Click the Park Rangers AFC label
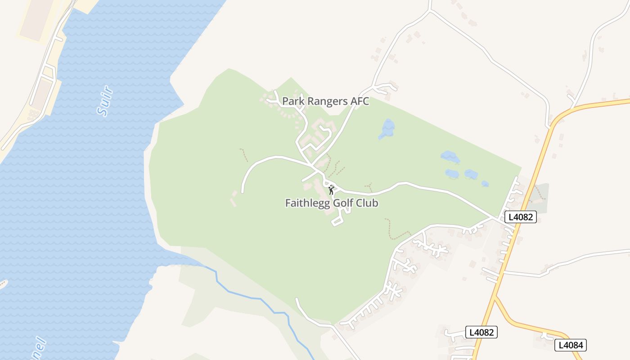click(x=325, y=101)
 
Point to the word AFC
click(x=360, y=101)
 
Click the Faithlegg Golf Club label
click(x=332, y=203)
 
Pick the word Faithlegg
click(x=308, y=203)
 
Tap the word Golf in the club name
click(x=343, y=203)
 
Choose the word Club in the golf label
click(x=367, y=203)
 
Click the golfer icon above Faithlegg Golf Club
click(x=332, y=190)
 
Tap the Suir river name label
click(x=104, y=102)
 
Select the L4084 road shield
click(x=571, y=345)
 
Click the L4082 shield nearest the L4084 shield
click(x=481, y=332)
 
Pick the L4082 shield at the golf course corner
click(x=521, y=217)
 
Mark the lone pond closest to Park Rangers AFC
click(x=387, y=129)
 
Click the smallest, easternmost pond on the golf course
click(x=485, y=184)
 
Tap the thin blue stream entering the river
click(x=252, y=297)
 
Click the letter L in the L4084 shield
click(x=560, y=345)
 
